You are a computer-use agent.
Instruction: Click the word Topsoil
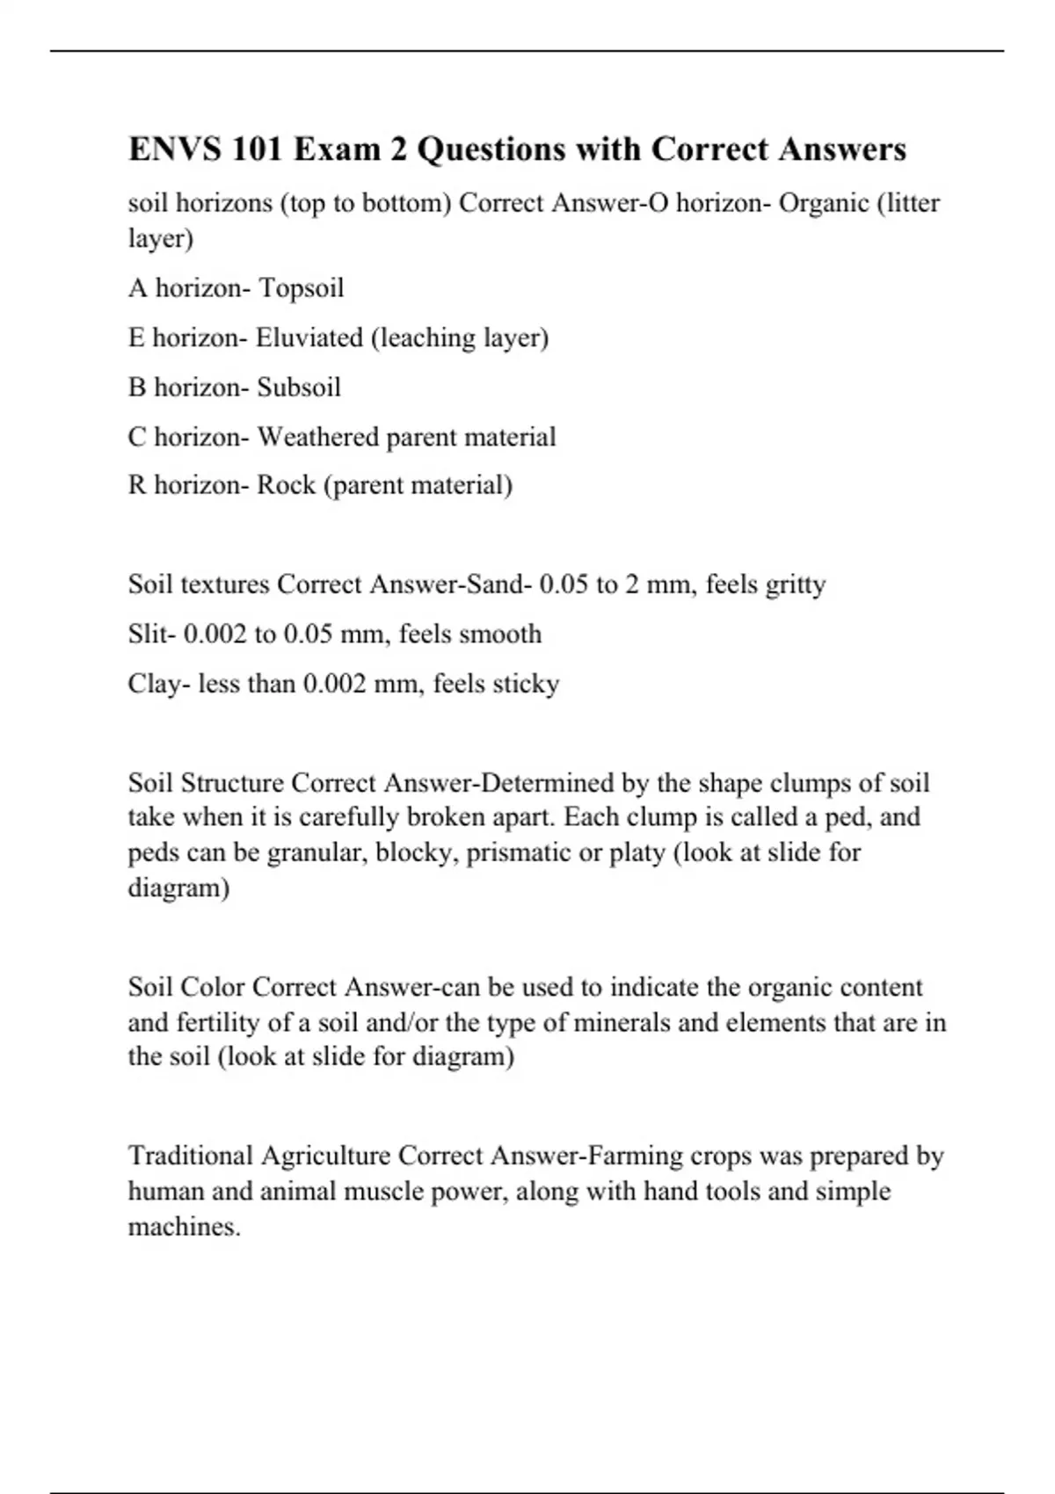(x=301, y=288)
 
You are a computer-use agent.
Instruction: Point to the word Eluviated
(x=309, y=337)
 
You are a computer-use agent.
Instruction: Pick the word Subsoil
(x=299, y=388)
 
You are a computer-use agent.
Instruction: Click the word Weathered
(x=317, y=437)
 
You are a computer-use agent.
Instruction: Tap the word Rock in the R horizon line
(x=286, y=485)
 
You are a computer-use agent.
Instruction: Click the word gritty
(x=795, y=585)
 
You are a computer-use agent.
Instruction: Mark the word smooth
(x=505, y=634)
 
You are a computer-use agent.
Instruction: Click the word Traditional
(x=190, y=1156)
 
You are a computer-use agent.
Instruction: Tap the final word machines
(x=184, y=1227)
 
